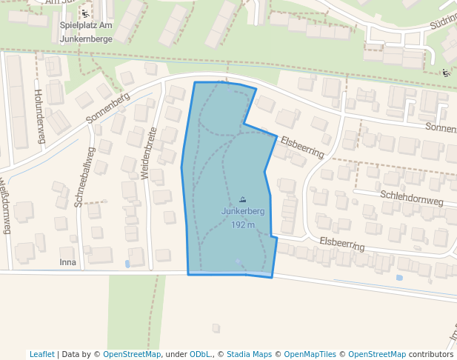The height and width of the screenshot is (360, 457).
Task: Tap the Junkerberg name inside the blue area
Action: tap(243, 211)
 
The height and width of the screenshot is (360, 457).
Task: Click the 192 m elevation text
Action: tap(243, 224)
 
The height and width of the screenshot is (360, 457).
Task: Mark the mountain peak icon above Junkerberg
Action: tap(243, 199)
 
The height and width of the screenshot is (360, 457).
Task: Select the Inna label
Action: tap(68, 262)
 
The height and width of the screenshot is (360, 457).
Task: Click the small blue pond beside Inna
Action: tap(127, 263)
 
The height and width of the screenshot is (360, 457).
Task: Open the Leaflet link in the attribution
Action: tap(42, 354)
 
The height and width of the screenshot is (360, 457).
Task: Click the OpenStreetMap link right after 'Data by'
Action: tap(132, 354)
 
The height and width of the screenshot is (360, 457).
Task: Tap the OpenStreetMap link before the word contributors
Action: tap(377, 354)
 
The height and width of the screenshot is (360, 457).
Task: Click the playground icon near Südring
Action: tap(445, 73)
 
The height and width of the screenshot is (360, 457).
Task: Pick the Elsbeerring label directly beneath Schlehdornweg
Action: tap(342, 244)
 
